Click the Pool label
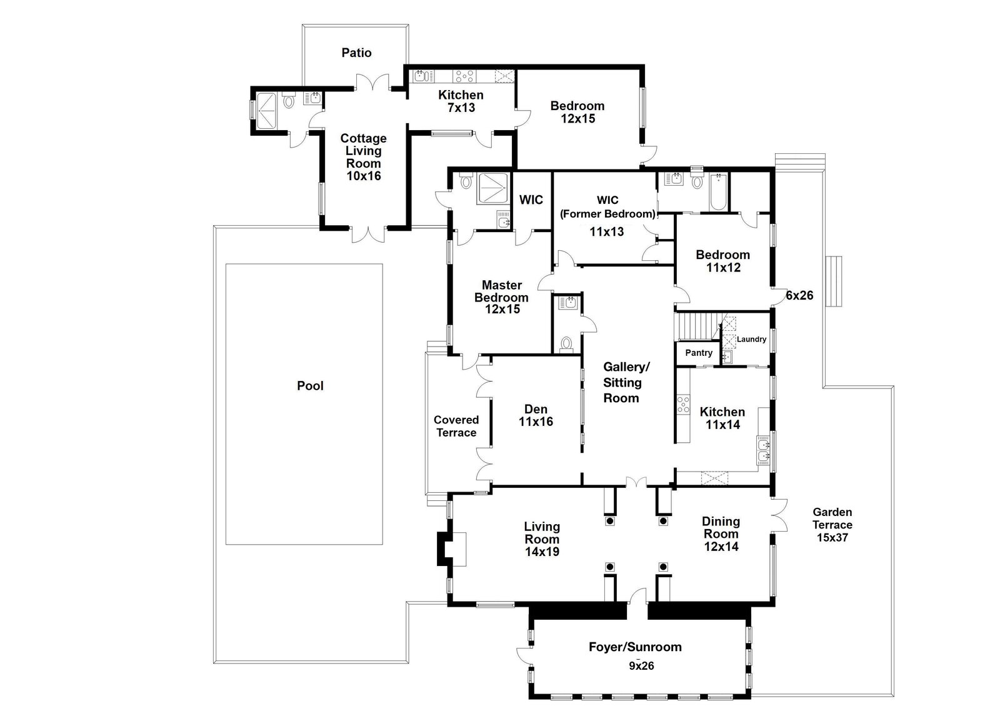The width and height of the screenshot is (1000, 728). coord(310,385)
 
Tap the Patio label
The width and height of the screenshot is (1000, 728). coord(356,53)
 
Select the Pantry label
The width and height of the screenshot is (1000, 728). coord(699,353)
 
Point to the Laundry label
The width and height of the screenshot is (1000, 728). coord(751,339)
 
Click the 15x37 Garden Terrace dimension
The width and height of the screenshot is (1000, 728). coord(832,537)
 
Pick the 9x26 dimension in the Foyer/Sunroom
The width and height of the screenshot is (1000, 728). coord(641,665)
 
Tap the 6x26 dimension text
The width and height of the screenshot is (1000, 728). coord(799,295)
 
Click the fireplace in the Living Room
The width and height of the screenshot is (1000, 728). coord(451,549)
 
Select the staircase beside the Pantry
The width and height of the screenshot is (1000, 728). coord(698,326)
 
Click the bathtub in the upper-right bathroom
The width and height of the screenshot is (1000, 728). coord(718,192)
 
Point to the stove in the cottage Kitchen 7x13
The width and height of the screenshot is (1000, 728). coord(464,76)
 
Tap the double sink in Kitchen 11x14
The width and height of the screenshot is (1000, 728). coord(763,451)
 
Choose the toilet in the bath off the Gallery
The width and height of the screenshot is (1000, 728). coord(566,344)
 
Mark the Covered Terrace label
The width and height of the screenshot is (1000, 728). coord(456,426)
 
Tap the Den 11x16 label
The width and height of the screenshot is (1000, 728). coord(536,415)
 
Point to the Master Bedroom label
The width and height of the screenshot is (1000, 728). coord(502,297)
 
